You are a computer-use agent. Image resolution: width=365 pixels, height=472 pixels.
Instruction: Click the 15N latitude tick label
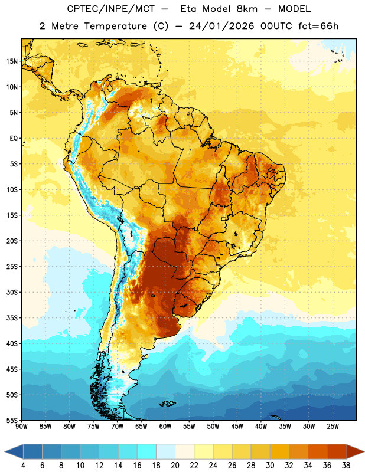coord(12,61)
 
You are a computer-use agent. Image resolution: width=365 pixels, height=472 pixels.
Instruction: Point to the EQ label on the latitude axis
coord(14,139)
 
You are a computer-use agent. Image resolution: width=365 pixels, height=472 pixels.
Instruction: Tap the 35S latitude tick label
coord(12,318)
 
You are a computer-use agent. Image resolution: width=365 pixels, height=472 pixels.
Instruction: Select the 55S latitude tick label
coord(12,420)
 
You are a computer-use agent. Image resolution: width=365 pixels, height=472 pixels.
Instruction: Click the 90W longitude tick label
coord(21,426)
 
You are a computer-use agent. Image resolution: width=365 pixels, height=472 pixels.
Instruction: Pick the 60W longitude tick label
coord(165,426)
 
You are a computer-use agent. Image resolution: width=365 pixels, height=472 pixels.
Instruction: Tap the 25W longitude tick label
coord(333,426)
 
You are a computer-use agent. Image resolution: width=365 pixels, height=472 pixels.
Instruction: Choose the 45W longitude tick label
coord(237,426)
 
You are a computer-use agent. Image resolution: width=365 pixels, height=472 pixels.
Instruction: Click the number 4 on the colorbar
coord(23,466)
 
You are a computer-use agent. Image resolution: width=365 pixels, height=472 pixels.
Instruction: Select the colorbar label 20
coord(175,466)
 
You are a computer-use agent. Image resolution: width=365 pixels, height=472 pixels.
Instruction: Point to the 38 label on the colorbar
coord(346,466)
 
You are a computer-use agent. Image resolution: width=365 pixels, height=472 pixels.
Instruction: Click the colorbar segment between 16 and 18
coord(147,451)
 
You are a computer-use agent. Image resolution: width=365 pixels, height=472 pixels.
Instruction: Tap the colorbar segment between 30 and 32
coord(279,451)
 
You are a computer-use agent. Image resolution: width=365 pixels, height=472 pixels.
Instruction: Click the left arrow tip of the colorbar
coord(5,451)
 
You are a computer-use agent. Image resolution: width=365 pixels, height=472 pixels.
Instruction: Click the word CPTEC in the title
coord(78,9)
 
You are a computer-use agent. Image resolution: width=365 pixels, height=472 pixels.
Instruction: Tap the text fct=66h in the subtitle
coord(318,26)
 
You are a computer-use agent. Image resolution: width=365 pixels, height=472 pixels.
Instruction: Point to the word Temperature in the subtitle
coord(115,26)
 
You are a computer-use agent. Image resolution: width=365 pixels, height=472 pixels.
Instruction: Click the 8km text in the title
coord(247,9)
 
